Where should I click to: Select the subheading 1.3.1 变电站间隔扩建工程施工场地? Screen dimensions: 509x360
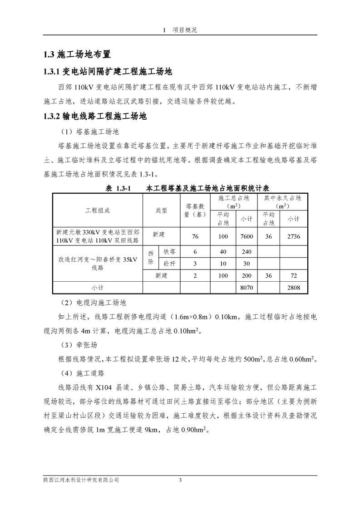point(107,72)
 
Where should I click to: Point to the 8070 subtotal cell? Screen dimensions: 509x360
point(247,288)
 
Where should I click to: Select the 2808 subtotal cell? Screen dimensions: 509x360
point(293,288)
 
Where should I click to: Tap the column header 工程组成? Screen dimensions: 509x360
point(98,210)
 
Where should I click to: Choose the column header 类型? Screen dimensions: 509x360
point(162,210)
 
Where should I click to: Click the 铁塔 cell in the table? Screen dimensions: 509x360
point(163,251)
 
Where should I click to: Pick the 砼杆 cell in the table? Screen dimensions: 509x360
point(163,264)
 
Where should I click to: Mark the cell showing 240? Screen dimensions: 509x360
point(247,251)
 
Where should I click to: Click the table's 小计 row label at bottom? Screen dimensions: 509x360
point(98,288)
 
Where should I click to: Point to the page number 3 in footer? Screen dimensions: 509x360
point(180,480)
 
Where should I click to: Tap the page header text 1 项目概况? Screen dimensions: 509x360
point(180,30)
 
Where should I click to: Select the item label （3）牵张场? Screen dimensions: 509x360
point(79,345)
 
